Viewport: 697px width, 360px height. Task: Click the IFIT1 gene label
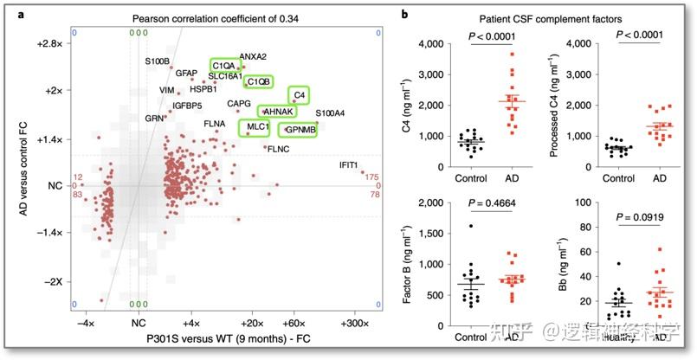[x=355, y=164]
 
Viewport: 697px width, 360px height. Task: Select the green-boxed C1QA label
[x=223, y=66]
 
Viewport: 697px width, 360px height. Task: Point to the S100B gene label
[x=158, y=61]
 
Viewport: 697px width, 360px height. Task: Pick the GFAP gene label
[x=187, y=74]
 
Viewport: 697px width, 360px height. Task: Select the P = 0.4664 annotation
[x=495, y=203]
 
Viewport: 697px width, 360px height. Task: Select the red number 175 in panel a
[x=371, y=177]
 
